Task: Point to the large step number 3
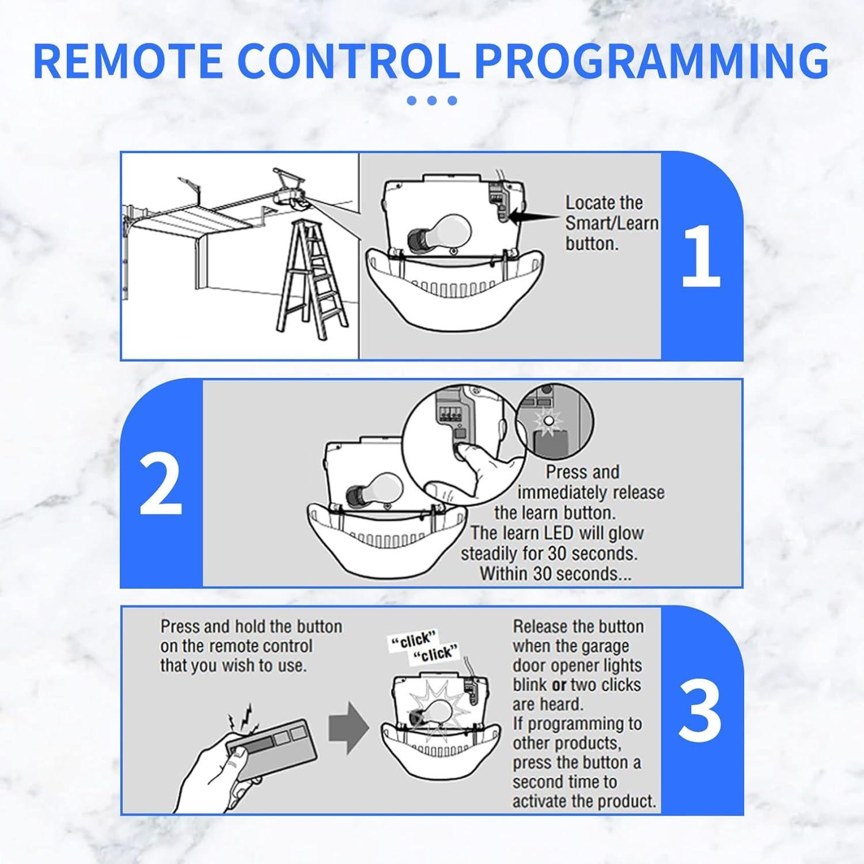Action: tap(700, 711)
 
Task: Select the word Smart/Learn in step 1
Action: tap(612, 223)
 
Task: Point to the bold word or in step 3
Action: tap(559, 685)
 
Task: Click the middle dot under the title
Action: tap(432, 100)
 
